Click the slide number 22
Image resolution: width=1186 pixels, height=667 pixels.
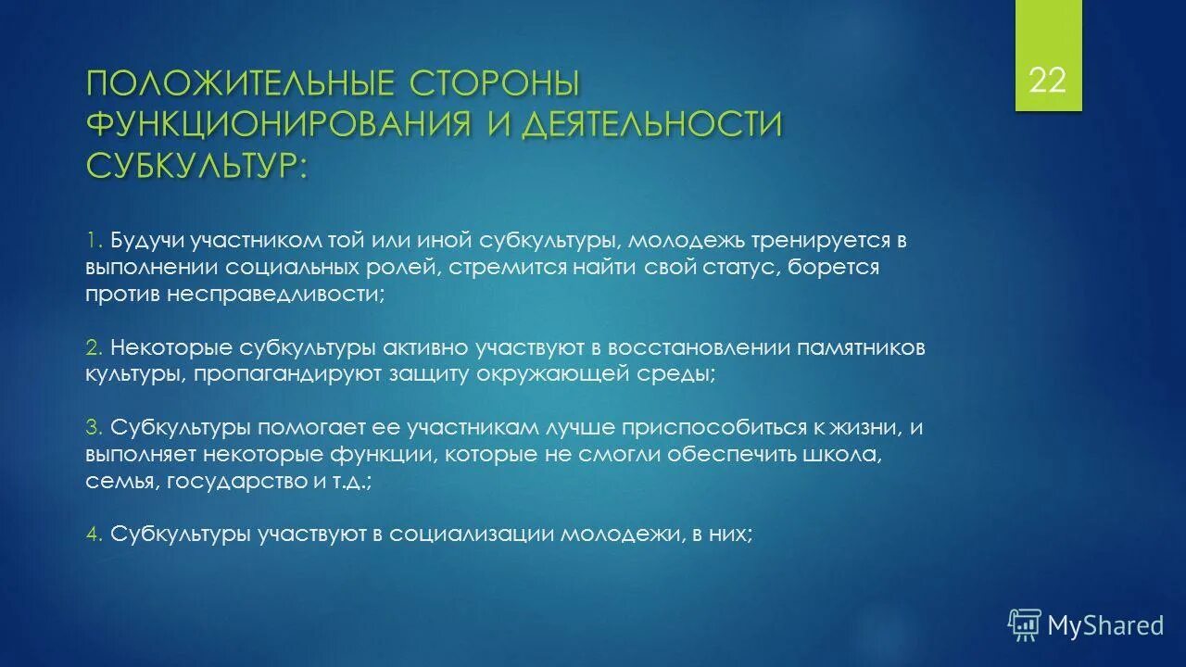(1048, 81)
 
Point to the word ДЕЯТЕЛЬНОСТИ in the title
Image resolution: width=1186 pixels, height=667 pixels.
(651, 123)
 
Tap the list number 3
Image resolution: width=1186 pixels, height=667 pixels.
(93, 429)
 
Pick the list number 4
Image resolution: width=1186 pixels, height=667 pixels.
(93, 535)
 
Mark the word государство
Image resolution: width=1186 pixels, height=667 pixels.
(230, 483)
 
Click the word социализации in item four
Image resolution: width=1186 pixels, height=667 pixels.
(470, 535)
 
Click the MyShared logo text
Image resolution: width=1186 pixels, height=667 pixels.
(1104, 625)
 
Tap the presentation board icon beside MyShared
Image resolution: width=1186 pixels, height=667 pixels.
(1025, 625)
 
